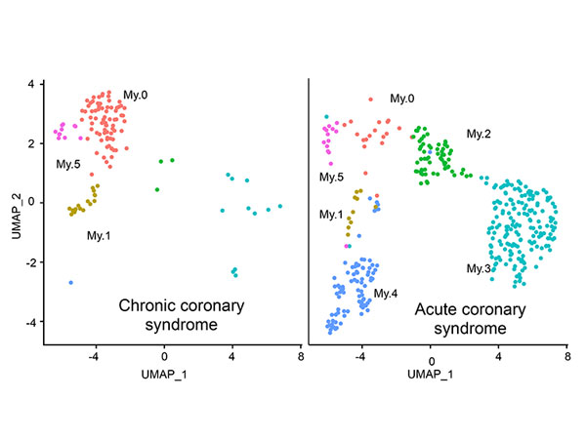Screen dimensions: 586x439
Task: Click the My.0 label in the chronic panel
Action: point(136,96)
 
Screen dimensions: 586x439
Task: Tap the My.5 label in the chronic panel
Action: point(68,164)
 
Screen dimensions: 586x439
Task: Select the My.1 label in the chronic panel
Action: point(99,236)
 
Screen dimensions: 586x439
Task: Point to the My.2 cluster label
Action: point(479,134)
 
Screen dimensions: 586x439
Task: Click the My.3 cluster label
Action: point(479,269)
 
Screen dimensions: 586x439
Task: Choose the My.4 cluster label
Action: point(386,294)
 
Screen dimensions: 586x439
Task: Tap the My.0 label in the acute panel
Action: point(402,99)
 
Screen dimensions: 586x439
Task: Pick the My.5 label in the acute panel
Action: point(331,177)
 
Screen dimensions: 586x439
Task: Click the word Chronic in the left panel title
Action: point(146,305)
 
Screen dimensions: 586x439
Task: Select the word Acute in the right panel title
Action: point(434,310)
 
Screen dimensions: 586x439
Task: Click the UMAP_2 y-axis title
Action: point(16,217)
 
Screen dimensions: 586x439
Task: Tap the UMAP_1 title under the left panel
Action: point(164,374)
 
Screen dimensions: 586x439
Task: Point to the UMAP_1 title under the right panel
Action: point(430,374)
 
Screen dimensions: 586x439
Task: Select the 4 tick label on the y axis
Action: point(30,84)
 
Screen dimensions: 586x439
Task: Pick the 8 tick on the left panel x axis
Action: point(301,357)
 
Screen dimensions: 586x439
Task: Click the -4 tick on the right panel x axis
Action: point(359,357)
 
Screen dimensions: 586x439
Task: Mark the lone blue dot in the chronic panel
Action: point(71,283)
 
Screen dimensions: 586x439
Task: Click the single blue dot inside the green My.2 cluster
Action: point(430,152)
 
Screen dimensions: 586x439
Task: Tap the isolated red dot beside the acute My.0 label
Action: point(371,100)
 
